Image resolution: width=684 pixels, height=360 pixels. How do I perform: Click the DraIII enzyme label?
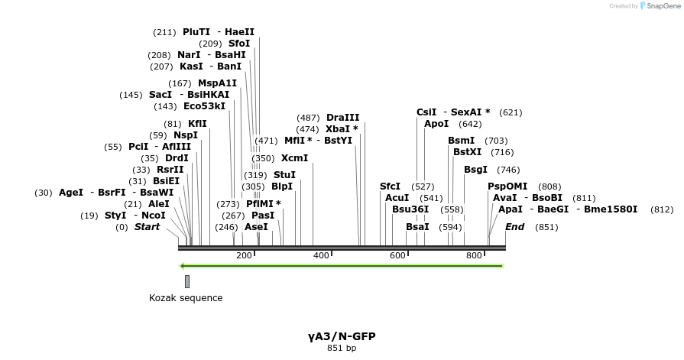(342, 118)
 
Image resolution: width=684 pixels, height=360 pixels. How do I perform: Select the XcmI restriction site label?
(294, 158)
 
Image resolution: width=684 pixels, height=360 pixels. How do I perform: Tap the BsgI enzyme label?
(475, 170)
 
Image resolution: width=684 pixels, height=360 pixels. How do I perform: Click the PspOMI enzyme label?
(507, 186)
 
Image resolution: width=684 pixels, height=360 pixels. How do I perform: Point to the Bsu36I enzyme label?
(410, 209)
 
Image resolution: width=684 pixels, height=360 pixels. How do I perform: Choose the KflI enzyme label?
(197, 124)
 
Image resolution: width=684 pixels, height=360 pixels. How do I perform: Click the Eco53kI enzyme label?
(205, 106)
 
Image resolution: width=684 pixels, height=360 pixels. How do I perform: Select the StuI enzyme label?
(284, 175)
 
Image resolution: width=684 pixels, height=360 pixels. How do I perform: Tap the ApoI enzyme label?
(436, 124)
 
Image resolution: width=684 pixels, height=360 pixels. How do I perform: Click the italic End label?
(514, 227)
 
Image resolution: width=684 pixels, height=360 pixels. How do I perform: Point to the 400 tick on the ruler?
(321, 255)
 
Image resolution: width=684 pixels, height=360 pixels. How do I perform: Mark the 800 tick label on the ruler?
(474, 255)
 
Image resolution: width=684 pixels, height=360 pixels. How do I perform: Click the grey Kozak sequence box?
(187, 282)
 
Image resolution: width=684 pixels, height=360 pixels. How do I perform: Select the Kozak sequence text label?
(186, 298)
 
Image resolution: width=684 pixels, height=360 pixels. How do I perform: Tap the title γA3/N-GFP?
(342, 336)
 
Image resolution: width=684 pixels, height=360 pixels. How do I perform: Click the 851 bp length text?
(342, 349)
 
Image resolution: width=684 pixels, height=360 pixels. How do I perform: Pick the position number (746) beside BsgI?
(508, 170)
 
